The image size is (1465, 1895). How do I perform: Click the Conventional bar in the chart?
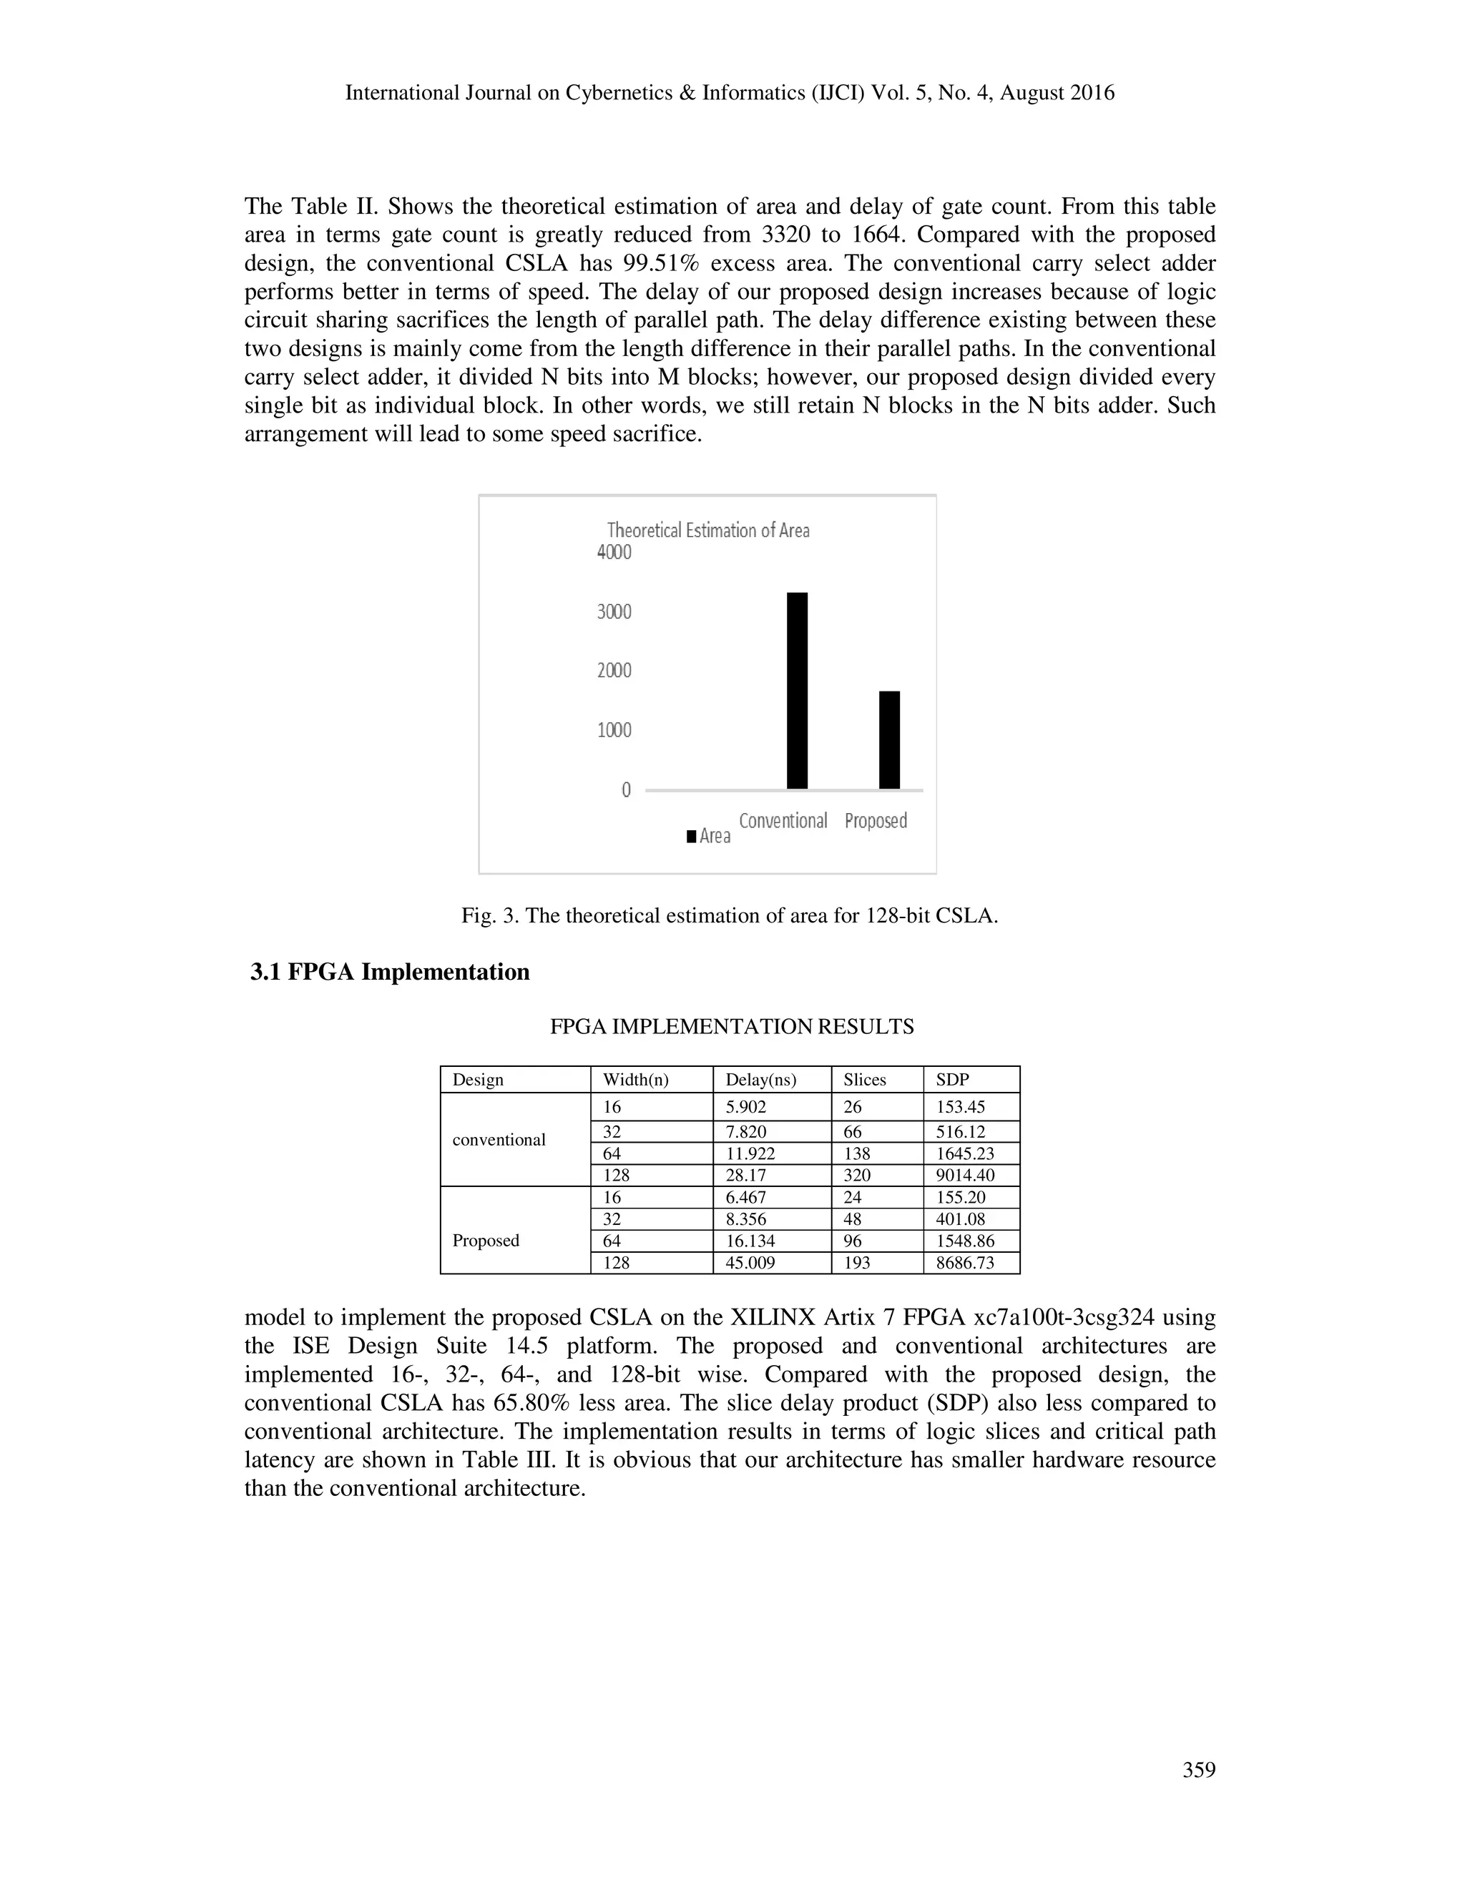tap(797, 691)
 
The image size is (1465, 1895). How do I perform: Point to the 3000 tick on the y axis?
tap(614, 611)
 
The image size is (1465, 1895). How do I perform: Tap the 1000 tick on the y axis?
tap(614, 729)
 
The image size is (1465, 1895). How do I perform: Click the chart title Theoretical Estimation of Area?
tap(708, 530)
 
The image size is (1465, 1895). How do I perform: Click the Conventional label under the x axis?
tap(783, 821)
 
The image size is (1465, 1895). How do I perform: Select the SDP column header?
tap(952, 1079)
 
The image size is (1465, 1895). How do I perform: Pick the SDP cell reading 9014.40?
tap(965, 1175)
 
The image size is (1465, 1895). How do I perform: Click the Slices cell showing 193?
tap(856, 1262)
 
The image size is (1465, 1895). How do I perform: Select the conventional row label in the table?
tap(499, 1139)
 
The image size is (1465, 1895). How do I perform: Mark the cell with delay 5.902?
tap(745, 1107)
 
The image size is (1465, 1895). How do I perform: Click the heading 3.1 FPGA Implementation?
tap(390, 972)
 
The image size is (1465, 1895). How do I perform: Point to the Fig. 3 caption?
tap(729, 915)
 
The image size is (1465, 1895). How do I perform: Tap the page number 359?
tap(1199, 1770)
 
